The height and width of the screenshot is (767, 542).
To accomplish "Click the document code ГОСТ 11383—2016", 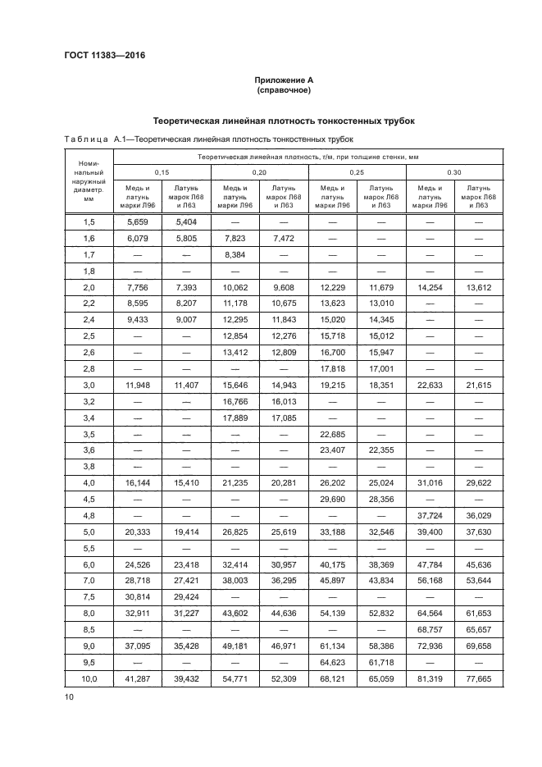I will (98, 56).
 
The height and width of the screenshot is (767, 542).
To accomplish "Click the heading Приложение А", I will (283, 80).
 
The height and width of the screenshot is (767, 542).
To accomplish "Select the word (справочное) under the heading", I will (283, 91).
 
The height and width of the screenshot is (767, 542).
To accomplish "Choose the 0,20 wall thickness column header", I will (258, 171).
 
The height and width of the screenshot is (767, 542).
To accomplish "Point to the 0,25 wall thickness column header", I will (356, 171).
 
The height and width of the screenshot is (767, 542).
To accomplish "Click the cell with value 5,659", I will (138, 221).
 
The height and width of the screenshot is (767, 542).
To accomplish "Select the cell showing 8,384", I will (235, 254).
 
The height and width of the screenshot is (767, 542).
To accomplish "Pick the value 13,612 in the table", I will (478, 287).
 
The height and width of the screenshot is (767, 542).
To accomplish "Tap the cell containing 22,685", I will (332, 434).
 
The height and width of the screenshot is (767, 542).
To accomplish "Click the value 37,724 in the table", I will (430, 515).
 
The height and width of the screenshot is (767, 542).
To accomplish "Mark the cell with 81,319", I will (430, 678).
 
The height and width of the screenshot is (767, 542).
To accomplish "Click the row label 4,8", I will (89, 515).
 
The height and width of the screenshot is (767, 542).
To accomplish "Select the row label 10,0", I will (89, 678).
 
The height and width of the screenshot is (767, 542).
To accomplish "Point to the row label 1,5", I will (89, 221).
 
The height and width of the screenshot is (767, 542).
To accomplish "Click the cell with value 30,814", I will (138, 597).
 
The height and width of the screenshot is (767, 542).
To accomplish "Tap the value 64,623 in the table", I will (332, 662).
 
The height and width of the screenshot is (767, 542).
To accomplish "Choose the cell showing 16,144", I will (138, 483).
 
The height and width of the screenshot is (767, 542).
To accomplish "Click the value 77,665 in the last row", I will (478, 678).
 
